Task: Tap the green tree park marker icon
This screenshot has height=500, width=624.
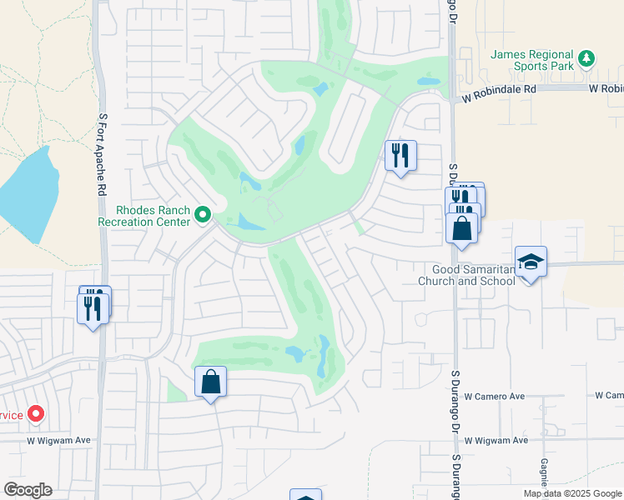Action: pyautogui.click(x=587, y=57)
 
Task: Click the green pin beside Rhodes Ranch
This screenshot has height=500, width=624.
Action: pyautogui.click(x=202, y=216)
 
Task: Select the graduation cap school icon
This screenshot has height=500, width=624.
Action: pyautogui.click(x=530, y=262)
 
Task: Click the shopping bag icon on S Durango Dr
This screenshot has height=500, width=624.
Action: pyautogui.click(x=461, y=227)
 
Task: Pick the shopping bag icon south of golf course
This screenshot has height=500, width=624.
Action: pyautogui.click(x=210, y=382)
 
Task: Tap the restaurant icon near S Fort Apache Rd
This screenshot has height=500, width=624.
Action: pyautogui.click(x=92, y=307)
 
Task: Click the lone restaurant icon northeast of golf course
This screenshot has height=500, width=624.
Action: pyautogui.click(x=400, y=155)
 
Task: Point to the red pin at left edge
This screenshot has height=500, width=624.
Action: pyautogui.click(x=36, y=413)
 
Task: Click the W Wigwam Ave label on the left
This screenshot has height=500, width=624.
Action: pyautogui.click(x=58, y=440)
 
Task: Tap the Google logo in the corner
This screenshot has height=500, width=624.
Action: pyautogui.click(x=28, y=490)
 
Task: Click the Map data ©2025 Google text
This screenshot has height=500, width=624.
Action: pyautogui.click(x=571, y=493)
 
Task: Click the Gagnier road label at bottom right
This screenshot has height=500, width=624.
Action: pyautogui.click(x=543, y=471)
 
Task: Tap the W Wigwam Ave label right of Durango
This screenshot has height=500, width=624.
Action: pyautogui.click(x=497, y=440)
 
